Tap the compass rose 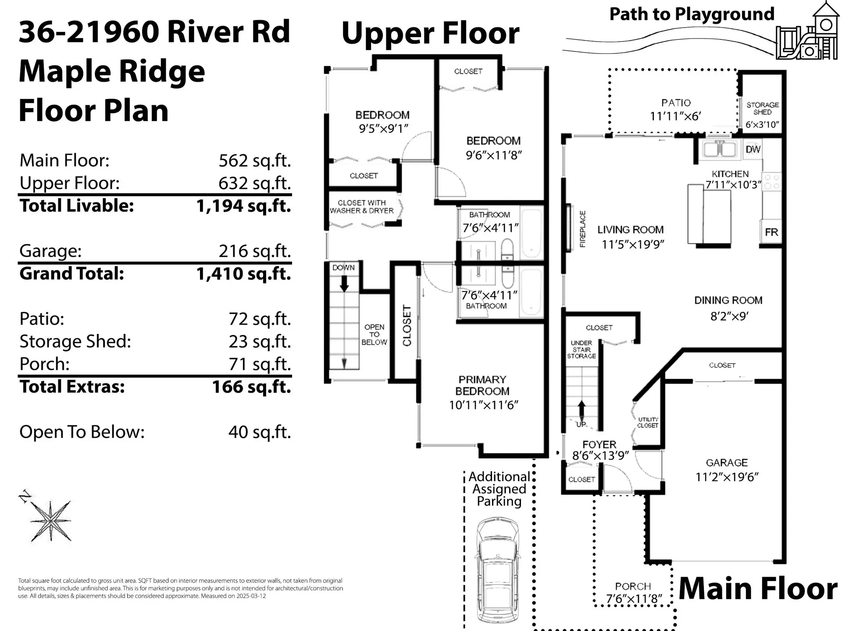coord(49,519)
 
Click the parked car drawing coord(498,572)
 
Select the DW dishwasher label coord(753,149)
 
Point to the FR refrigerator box coord(771,232)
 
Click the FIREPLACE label coord(582,229)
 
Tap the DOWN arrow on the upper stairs coord(344,284)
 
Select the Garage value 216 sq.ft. coord(254,251)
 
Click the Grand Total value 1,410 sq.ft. coord(243,274)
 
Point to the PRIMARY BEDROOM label coord(482,385)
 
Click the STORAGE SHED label coord(762,108)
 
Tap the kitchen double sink coord(719,149)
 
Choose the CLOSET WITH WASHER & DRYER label coord(361,206)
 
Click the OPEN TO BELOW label coord(374,334)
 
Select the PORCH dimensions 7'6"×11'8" coord(633,599)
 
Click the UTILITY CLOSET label coord(648,422)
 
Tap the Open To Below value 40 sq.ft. coord(259,432)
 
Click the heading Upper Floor coord(430,33)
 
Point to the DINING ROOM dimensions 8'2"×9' coord(729,316)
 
